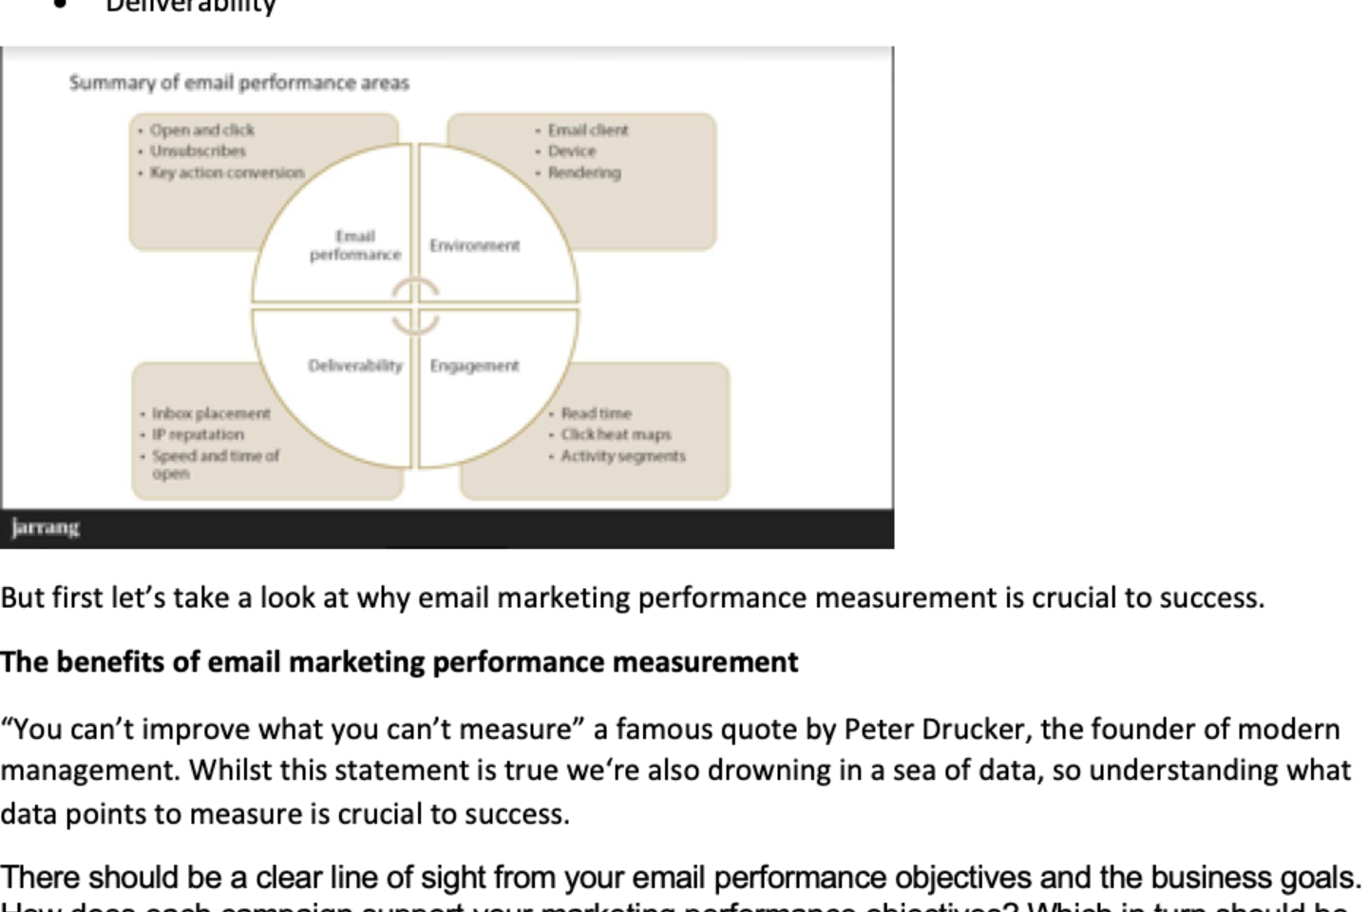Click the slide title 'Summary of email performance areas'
pos(238,83)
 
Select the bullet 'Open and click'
pos(201,130)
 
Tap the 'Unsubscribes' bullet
pos(198,151)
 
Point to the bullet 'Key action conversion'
pos(227,173)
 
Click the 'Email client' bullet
pos(587,130)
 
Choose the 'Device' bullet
pos(571,151)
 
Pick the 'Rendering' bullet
pos(583,173)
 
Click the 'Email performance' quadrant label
pos(355,245)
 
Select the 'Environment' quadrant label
pos(474,246)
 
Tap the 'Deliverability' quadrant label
pos(355,366)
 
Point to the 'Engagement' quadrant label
pos(474,366)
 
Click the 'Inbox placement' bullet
pos(211,413)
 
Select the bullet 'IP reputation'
pos(198,434)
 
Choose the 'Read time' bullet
pos(596,413)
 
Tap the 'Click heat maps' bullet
pos(616,434)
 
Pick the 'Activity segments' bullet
pos(622,456)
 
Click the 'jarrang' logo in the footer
pos(46,528)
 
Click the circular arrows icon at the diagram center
pos(415,306)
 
